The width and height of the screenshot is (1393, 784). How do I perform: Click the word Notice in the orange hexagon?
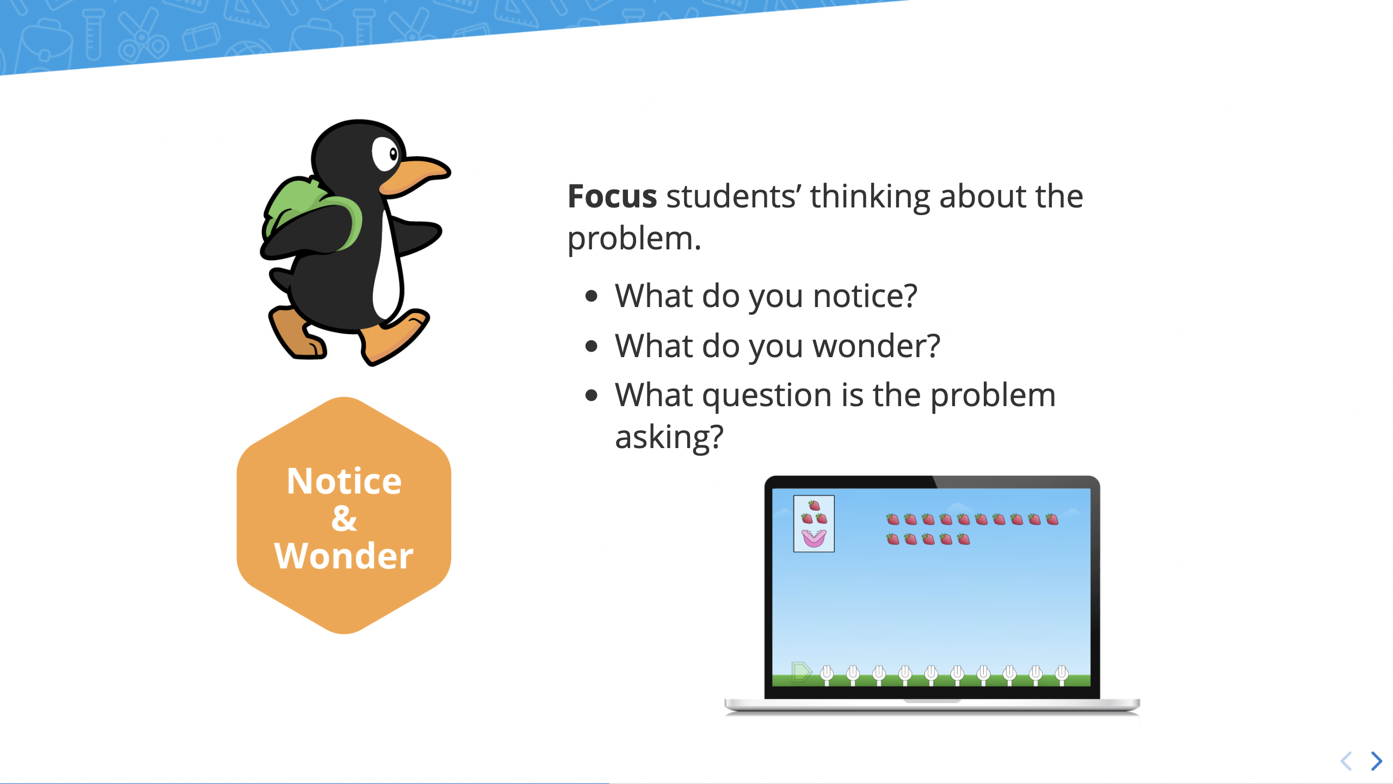(344, 481)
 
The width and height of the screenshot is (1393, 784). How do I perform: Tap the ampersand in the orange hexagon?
(344, 518)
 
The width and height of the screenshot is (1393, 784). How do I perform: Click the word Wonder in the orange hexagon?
(344, 556)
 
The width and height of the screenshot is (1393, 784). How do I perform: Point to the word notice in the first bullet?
(865, 296)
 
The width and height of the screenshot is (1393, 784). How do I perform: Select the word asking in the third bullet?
(669, 437)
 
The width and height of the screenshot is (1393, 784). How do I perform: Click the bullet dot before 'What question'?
(591, 396)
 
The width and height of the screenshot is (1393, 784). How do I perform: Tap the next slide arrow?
(1377, 761)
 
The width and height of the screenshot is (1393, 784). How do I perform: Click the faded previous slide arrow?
(1346, 761)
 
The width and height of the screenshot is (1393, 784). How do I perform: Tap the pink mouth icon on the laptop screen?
(814, 538)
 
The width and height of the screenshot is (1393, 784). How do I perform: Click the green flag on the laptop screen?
(801, 671)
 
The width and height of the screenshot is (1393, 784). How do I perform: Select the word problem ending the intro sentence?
(634, 239)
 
